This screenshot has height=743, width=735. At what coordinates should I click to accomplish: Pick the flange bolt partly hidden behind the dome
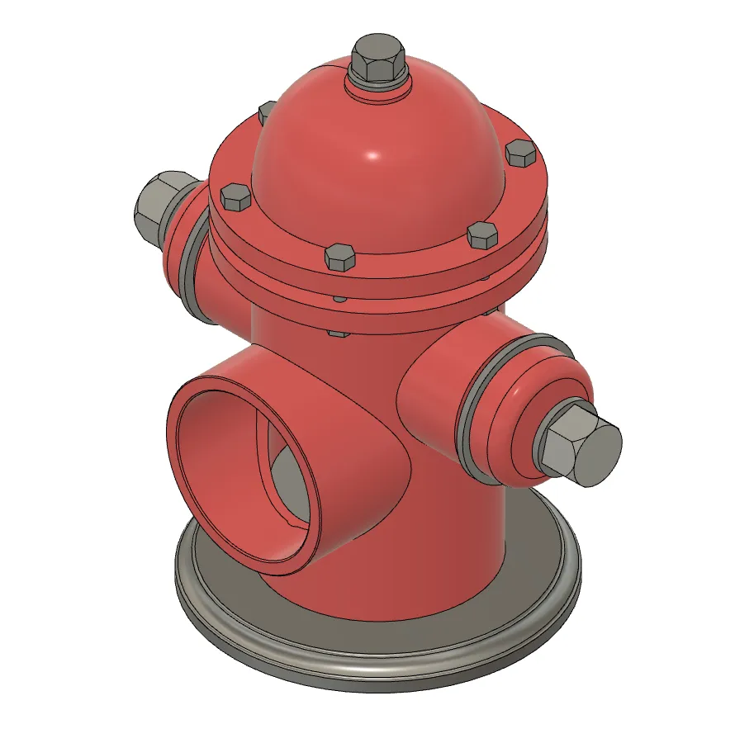pos(266,111)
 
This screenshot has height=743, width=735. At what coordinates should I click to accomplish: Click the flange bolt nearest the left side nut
pos(235,198)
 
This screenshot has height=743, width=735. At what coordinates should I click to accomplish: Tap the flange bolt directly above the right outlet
pos(482,234)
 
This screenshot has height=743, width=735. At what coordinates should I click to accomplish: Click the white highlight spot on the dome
pos(372,155)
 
